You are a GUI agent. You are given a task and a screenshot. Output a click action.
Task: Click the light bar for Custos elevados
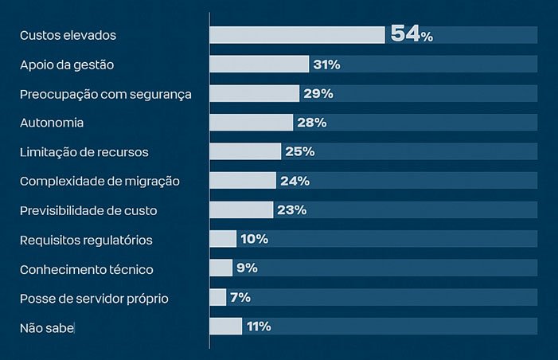[297, 35]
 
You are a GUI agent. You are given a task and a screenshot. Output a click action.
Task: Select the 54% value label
[411, 35]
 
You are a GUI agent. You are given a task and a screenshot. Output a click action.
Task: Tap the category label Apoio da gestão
[72, 65]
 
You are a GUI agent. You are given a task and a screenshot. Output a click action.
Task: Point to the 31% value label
[326, 65]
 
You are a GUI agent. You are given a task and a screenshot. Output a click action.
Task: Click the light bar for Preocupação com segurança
[254, 94]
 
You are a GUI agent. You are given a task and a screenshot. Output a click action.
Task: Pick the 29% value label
[318, 94]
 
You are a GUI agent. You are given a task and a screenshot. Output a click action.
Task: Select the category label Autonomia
[52, 123]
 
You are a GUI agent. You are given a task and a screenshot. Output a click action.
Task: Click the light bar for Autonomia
[252, 123]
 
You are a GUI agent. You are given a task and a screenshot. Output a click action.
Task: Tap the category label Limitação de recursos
[84, 152]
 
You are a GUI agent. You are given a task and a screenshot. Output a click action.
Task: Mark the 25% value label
[300, 152]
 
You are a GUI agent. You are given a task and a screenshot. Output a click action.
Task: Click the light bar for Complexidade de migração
[243, 181]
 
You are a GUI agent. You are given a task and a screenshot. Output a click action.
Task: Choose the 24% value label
[295, 181]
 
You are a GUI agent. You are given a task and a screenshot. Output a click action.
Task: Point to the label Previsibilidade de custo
[88, 210]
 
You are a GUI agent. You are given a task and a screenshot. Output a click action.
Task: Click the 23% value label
[291, 210]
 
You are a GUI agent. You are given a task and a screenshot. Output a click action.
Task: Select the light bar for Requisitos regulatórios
[223, 239]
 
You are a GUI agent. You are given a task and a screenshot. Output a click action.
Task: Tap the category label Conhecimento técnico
[86, 268]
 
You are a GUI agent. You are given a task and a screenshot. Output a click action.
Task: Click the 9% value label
[247, 268]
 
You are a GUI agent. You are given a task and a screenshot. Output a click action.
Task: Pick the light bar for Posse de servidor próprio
[218, 297]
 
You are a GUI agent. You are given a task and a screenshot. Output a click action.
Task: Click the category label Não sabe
[47, 327]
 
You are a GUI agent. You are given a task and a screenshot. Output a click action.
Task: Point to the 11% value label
[259, 327]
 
